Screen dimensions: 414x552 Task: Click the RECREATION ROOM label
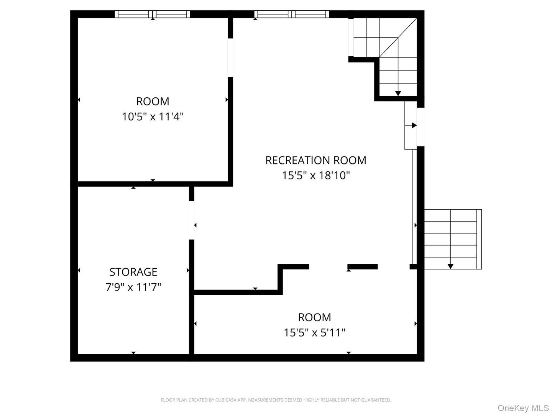coord(315,160)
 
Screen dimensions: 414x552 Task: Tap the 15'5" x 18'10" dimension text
coord(315,176)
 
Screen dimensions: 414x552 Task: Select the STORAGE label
coord(133,272)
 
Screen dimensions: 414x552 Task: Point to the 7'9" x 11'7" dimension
coord(133,287)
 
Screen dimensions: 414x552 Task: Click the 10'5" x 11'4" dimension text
coord(153,117)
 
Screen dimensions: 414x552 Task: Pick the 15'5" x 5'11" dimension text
coord(314,332)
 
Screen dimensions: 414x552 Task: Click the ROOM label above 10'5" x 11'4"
coord(153,101)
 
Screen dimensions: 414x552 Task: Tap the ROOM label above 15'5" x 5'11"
coord(314,317)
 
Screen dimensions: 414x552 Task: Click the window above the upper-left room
coord(153,14)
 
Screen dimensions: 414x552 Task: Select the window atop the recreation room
coord(292,14)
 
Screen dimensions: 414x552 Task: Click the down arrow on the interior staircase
coord(398,93)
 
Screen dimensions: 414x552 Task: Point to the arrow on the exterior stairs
coord(450,265)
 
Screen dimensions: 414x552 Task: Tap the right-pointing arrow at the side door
coord(414,125)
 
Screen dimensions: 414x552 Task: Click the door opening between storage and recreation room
coord(192,220)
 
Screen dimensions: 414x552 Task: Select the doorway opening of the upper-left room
coord(230,58)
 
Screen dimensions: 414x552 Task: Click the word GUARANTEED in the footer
coord(378,400)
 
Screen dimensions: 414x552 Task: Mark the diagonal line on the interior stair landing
coord(399,37)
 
